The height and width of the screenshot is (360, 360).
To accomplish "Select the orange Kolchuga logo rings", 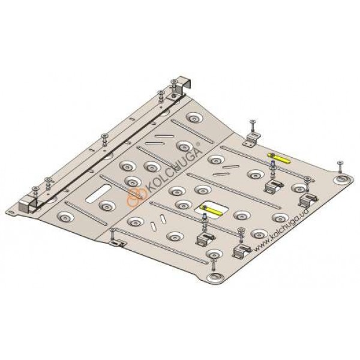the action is coord(136,197).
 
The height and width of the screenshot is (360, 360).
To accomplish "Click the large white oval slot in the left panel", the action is coord(98,193).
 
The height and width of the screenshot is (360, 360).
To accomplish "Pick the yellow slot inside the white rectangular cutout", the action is coord(211,210).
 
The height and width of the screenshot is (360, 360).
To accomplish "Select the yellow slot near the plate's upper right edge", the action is coord(279,158).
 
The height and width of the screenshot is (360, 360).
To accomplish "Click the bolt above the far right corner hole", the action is coord(340,167).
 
